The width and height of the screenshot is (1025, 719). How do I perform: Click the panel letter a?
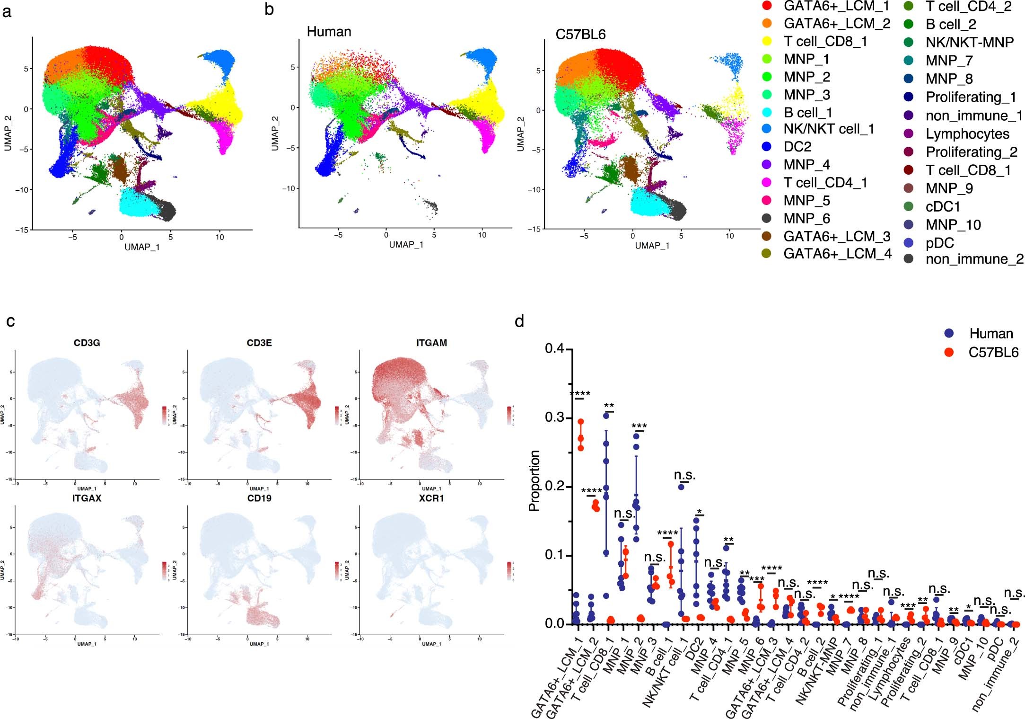pos(7,11)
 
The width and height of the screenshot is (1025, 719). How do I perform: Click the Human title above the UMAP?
pos(329,32)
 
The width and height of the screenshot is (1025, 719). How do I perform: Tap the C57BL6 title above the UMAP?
pos(580,35)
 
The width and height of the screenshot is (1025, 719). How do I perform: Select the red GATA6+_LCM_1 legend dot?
pos(767,6)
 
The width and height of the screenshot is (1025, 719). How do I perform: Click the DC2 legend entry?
pos(797,147)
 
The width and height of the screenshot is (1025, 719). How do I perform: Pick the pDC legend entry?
pos(939,243)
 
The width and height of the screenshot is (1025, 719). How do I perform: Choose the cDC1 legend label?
pos(943,206)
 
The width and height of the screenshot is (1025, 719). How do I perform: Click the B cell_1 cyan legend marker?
pos(767,113)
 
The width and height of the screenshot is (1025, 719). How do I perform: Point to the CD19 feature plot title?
pos(259,498)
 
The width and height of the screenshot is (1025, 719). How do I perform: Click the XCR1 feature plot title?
pos(431,498)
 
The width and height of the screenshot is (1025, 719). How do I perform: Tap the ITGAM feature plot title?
pos(431,343)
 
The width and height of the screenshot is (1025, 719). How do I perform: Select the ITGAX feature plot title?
pos(87,498)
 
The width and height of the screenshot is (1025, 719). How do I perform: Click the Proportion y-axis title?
pos(534,480)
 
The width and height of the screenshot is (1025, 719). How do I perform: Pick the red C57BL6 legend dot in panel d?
pos(948,352)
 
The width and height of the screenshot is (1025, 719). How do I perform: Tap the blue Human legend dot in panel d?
pos(948,333)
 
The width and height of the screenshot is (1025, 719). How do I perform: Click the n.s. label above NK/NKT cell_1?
pos(684,475)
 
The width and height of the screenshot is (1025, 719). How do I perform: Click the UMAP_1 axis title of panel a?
pos(142,247)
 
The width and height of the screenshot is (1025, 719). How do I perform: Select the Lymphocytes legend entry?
pos(967,134)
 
